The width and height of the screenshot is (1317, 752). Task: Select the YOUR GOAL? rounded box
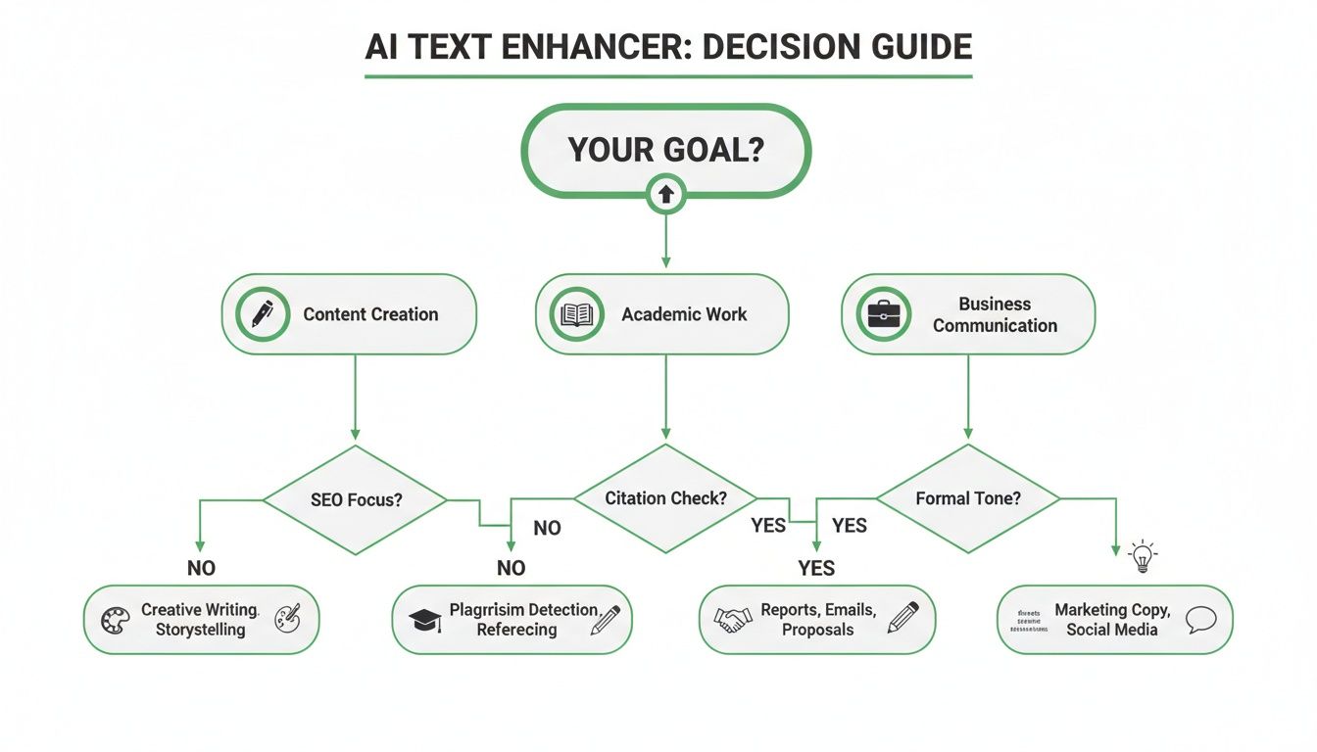(666, 149)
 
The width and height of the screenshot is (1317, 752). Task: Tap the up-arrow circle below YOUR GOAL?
(666, 195)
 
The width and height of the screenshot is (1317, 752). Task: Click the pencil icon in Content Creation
(263, 314)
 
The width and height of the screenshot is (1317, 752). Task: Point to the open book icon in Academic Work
(576, 314)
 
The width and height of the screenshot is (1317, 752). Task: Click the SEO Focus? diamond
(356, 499)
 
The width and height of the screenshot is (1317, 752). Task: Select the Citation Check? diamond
(666, 498)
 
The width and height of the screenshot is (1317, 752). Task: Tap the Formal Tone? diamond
(968, 498)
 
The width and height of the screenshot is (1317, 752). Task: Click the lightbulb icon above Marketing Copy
(1143, 556)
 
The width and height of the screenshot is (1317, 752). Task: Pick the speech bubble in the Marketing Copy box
(1200, 619)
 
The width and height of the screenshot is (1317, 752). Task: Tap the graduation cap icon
(425, 620)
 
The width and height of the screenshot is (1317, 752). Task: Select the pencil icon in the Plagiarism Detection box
(605, 620)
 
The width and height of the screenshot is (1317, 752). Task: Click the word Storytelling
(200, 630)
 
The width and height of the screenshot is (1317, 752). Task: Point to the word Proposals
(817, 630)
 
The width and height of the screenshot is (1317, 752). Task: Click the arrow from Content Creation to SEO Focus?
(355, 397)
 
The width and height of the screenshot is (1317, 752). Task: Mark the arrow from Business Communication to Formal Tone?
(968, 397)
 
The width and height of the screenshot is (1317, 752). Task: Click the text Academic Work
(684, 314)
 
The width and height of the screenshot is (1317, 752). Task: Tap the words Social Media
(1112, 630)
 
